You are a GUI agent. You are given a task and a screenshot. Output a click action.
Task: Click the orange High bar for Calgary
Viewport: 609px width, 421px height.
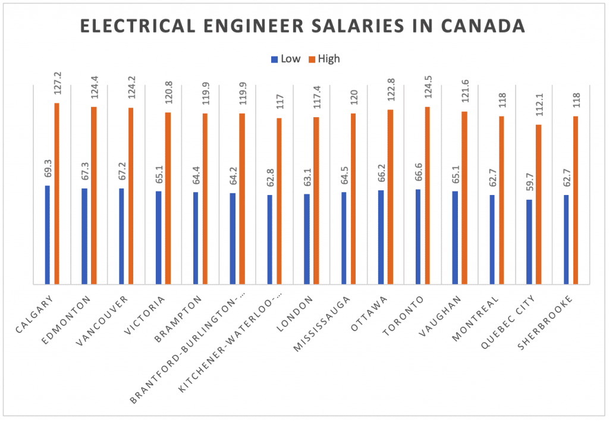pyautogui.click(x=57, y=193)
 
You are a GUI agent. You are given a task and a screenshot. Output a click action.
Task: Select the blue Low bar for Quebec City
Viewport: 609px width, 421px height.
pyautogui.click(x=529, y=242)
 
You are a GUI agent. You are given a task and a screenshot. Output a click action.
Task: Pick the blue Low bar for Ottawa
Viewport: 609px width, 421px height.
pyautogui.click(x=381, y=237)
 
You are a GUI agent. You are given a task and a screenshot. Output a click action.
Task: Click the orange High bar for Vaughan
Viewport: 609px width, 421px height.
pyautogui.click(x=464, y=197)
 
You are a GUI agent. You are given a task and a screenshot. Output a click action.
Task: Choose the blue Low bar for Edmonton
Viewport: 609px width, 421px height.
pyautogui.click(x=84, y=236)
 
